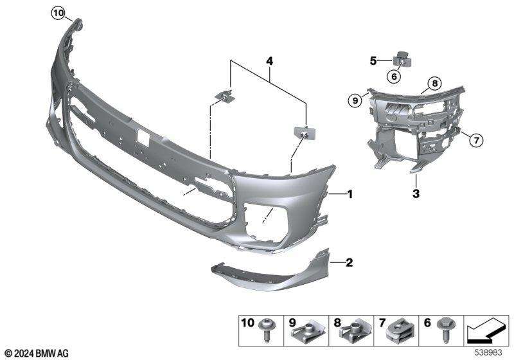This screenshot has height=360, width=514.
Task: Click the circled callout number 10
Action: pos(58,14)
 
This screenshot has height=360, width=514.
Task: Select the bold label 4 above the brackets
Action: pos(269,61)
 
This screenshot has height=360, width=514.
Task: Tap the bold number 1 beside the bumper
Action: pos(350,194)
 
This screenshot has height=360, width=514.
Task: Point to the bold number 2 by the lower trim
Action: pos(350,263)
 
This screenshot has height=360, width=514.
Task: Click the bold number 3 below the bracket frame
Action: pos(416,194)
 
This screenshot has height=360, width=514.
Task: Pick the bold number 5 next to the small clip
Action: pos(373,61)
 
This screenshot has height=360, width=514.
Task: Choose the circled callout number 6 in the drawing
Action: pos(394,76)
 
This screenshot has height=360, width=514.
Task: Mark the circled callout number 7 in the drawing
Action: pos(475,141)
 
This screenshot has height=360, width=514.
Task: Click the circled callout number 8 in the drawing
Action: pos(435,84)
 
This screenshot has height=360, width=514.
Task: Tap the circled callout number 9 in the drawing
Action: pos(355,101)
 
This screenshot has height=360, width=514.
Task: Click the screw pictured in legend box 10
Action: pos(267,331)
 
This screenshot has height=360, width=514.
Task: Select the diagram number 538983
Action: pos(488,353)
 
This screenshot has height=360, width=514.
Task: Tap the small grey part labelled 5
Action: pos(402,59)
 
